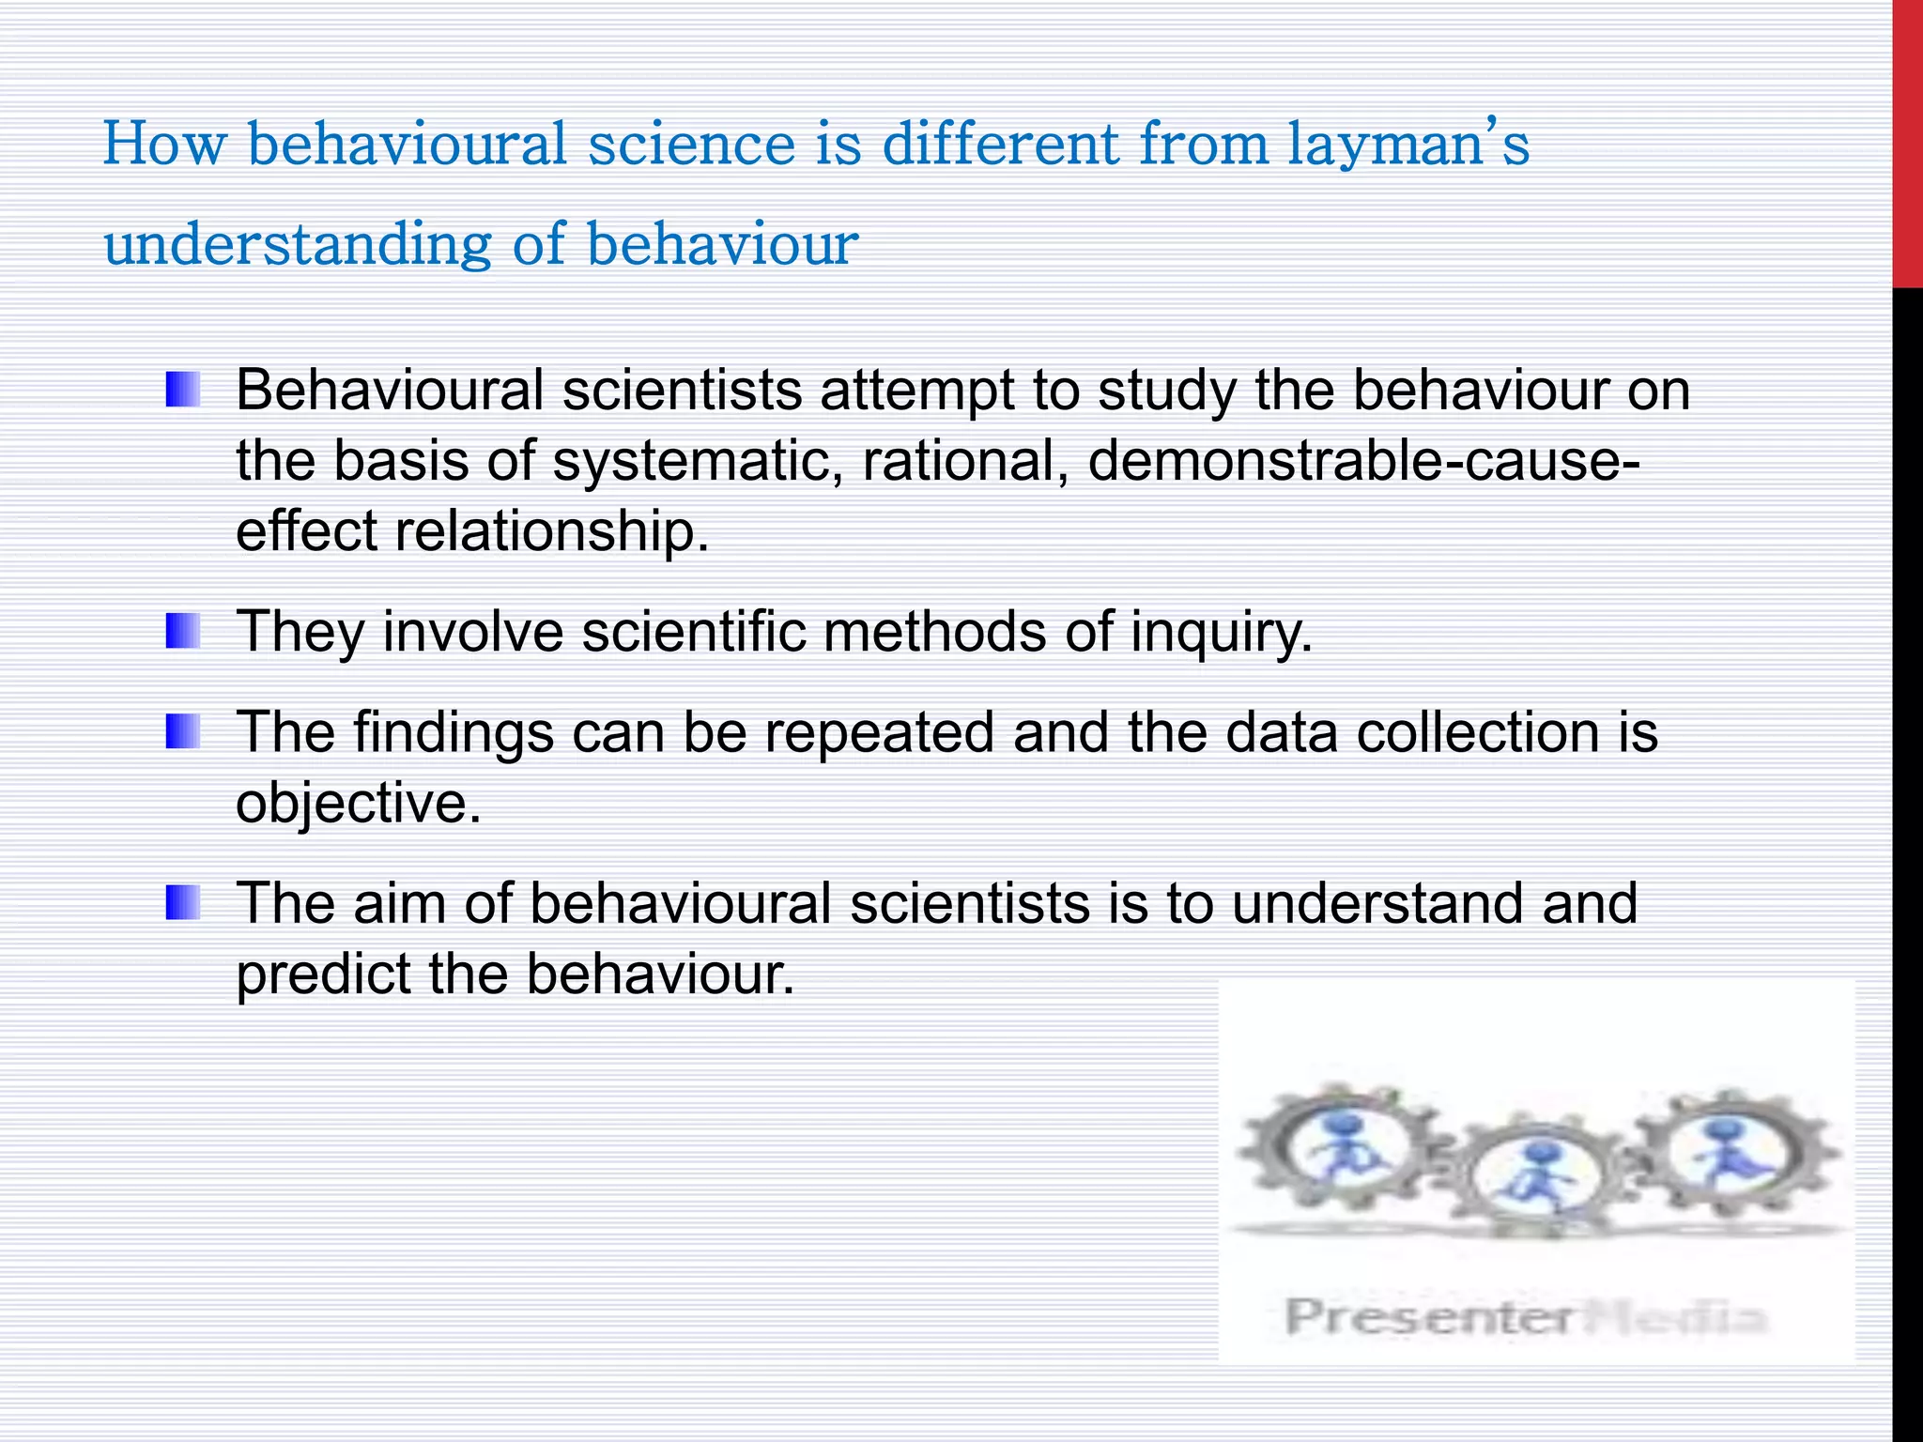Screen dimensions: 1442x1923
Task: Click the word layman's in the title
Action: click(x=1408, y=146)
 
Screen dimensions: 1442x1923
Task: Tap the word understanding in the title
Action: click(x=297, y=244)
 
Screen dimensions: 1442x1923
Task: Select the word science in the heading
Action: click(x=691, y=146)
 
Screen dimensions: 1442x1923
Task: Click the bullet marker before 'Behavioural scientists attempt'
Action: click(x=183, y=390)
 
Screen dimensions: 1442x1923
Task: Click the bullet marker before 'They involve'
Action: click(x=183, y=631)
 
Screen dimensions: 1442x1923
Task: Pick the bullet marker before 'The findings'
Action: click(x=183, y=731)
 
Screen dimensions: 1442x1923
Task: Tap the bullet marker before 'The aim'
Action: click(x=183, y=902)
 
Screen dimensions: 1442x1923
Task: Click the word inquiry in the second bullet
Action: click(x=1221, y=631)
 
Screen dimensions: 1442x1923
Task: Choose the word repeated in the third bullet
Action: click(x=879, y=731)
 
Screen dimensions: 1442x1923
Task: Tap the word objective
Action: click(x=358, y=803)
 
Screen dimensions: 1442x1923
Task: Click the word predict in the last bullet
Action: click(x=323, y=974)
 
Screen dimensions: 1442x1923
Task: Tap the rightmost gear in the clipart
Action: click(x=1732, y=1150)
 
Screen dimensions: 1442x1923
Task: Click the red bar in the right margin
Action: click(x=1907, y=141)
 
